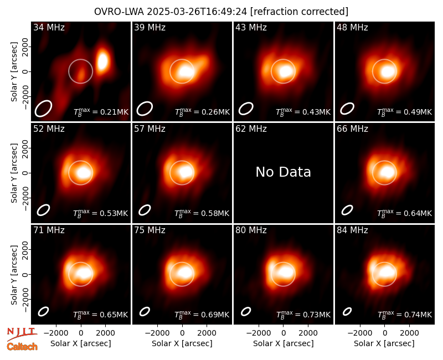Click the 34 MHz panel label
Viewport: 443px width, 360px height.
pos(49,27)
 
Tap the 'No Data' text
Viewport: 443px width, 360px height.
pos(283,172)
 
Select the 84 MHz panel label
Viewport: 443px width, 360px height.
pos(352,230)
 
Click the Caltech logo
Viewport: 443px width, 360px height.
pos(22,347)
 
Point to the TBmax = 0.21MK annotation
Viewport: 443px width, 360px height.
pos(101,112)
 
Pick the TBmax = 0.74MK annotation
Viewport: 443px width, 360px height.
pos(405,314)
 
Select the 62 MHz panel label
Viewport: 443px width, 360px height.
pos(251,129)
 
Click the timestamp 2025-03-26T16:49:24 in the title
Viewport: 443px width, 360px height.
pos(197,12)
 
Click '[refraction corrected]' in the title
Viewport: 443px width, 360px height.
pos(299,12)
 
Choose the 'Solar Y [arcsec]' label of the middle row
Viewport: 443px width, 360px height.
pos(14,173)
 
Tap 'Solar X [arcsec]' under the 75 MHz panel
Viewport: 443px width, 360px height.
pos(182,343)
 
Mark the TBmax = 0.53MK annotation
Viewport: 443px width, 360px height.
pos(101,213)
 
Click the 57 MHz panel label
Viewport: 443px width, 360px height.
pos(150,129)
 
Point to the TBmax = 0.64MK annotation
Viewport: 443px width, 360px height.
pos(405,213)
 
